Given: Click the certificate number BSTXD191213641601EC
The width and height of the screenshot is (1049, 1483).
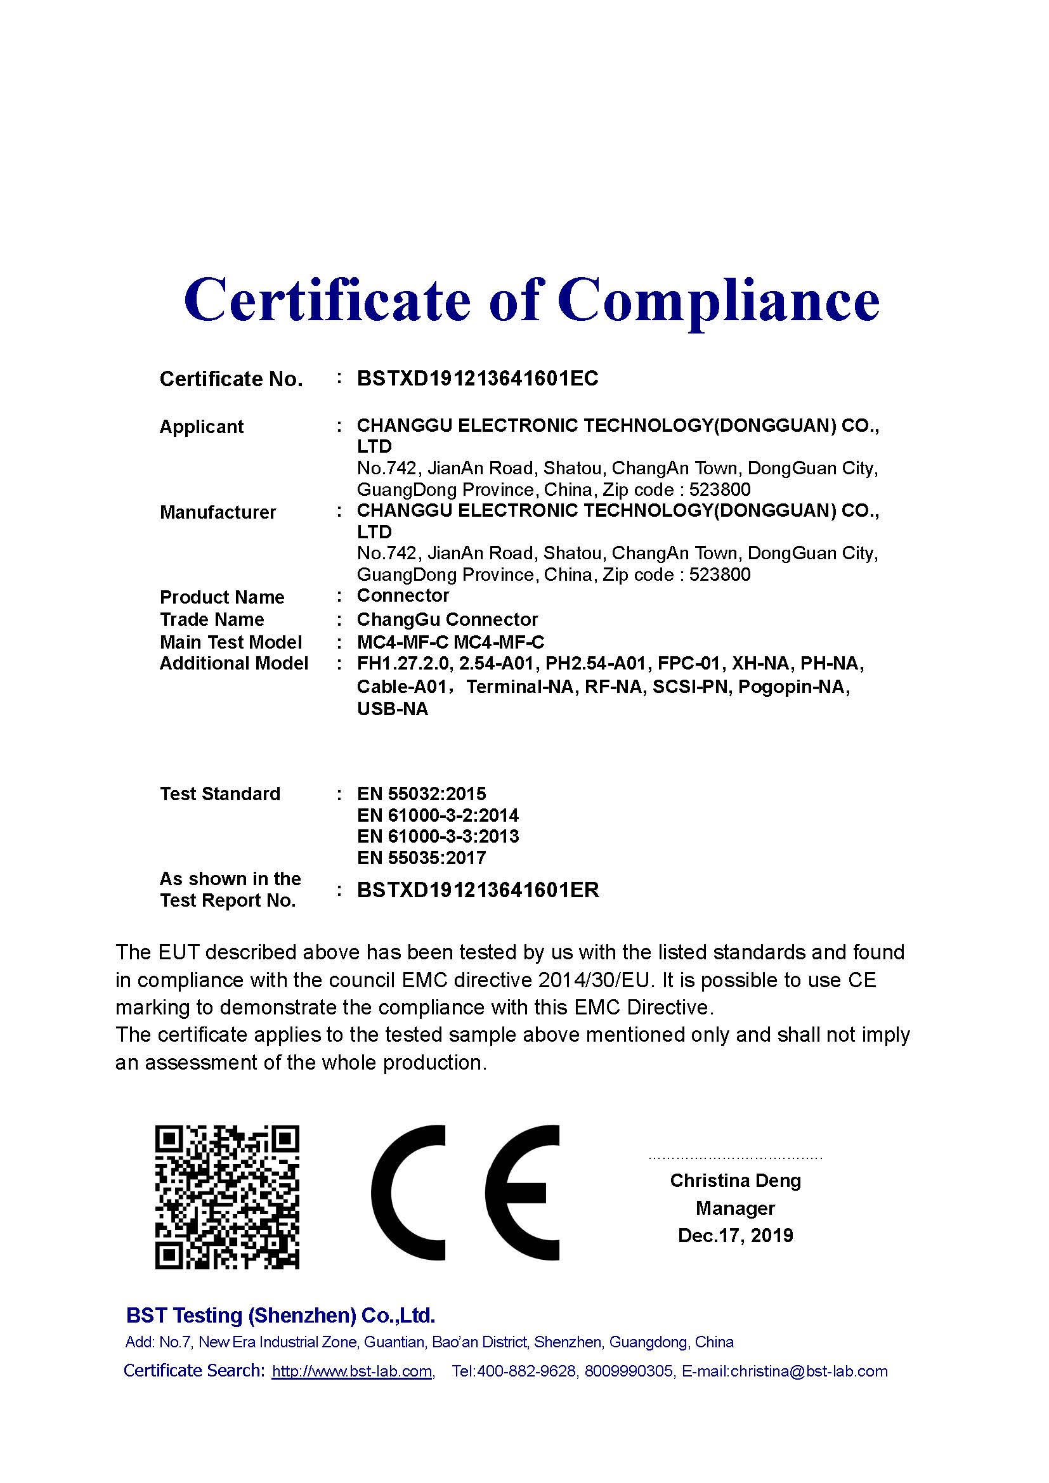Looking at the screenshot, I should coord(478,379).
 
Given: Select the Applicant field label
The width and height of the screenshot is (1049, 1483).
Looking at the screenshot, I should coord(202,427).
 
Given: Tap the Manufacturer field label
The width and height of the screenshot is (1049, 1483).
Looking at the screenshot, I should coord(218,512).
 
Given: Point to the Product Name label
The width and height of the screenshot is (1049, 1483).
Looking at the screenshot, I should coord(222,597).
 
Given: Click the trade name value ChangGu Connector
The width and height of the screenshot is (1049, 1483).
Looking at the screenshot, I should coord(447,619).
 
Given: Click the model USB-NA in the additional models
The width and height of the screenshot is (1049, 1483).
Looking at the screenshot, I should coord(392,709).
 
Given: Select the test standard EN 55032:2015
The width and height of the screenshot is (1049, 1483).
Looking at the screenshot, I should coord(421,794).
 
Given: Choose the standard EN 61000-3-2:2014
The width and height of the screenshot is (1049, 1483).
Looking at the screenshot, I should coord(438,815).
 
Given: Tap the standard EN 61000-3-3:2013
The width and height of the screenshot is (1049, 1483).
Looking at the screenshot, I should coord(438,836).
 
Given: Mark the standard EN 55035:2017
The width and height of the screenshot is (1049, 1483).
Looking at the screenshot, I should coord(421,858).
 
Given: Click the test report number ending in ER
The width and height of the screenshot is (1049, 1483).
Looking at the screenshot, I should coord(478,890).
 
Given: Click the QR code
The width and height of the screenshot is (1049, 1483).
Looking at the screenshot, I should coord(228,1197).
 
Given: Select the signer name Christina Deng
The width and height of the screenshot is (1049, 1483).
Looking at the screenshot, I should coord(735,1181).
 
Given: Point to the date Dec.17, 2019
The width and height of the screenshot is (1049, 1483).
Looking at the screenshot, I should coord(735,1236).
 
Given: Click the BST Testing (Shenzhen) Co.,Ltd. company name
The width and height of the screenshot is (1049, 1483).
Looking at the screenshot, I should coord(280,1315).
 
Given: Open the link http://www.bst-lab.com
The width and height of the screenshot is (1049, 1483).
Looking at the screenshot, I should coord(352,1371).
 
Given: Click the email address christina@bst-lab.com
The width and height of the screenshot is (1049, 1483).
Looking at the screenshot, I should coord(809,1371).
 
